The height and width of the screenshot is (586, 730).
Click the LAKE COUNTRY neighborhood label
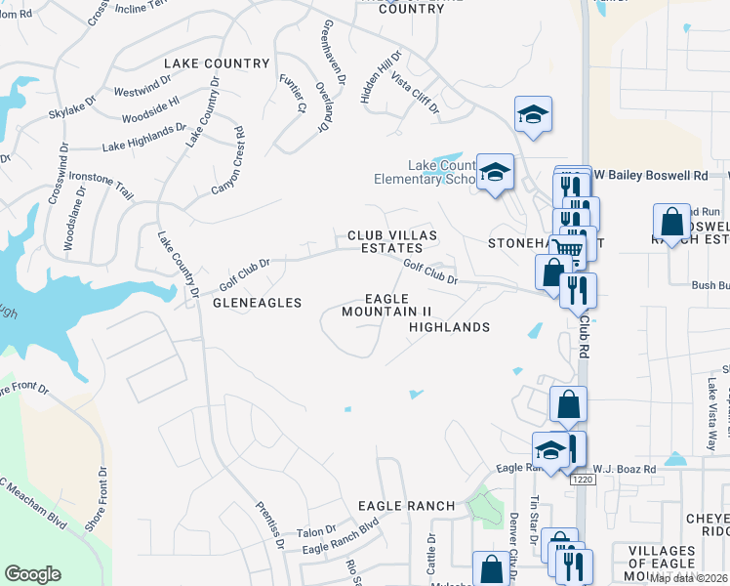click(217, 63)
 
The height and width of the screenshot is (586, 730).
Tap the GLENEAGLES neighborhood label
click(257, 303)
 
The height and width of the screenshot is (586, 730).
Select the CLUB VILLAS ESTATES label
click(392, 242)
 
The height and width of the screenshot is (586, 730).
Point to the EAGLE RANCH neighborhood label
click(406, 505)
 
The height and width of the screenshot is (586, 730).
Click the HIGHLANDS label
click(449, 327)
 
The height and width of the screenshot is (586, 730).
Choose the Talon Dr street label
click(316, 531)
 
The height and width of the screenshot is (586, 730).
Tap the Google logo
click(33, 574)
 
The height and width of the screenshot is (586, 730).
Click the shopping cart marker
click(568, 249)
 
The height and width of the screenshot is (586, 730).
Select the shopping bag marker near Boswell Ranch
click(671, 224)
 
